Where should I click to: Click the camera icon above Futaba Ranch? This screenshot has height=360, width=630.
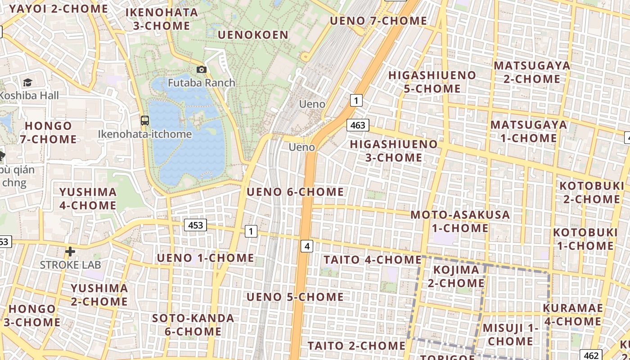click(x=202, y=69)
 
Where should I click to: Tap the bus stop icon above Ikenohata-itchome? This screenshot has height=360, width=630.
click(x=144, y=121)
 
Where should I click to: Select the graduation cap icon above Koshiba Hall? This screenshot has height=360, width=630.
click(x=27, y=82)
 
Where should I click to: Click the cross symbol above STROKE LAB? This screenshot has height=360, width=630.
click(x=70, y=251)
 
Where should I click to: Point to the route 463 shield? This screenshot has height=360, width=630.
click(x=358, y=125)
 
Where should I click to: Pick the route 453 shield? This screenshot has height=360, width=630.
click(x=195, y=225)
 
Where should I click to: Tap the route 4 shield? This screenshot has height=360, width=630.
click(x=307, y=246)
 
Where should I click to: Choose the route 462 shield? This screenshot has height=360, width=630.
click(x=591, y=355)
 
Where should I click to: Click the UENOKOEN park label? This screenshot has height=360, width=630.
click(x=253, y=35)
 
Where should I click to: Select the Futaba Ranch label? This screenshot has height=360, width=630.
click(x=202, y=83)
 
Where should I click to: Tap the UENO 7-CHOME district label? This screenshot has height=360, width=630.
click(x=378, y=21)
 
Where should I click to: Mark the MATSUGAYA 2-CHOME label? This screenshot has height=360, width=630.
click(x=532, y=72)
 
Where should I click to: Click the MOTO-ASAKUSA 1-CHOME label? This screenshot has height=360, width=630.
click(x=460, y=221)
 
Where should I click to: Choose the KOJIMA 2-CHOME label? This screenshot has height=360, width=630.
click(x=456, y=276)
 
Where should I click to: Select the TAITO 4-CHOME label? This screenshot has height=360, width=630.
click(x=372, y=260)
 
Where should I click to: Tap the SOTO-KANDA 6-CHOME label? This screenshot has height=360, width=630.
click(x=193, y=325)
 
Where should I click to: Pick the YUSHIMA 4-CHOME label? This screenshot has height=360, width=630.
click(x=88, y=198)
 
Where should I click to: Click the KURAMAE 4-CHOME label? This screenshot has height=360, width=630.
click(x=572, y=315)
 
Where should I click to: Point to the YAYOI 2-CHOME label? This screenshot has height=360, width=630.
click(x=58, y=9)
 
